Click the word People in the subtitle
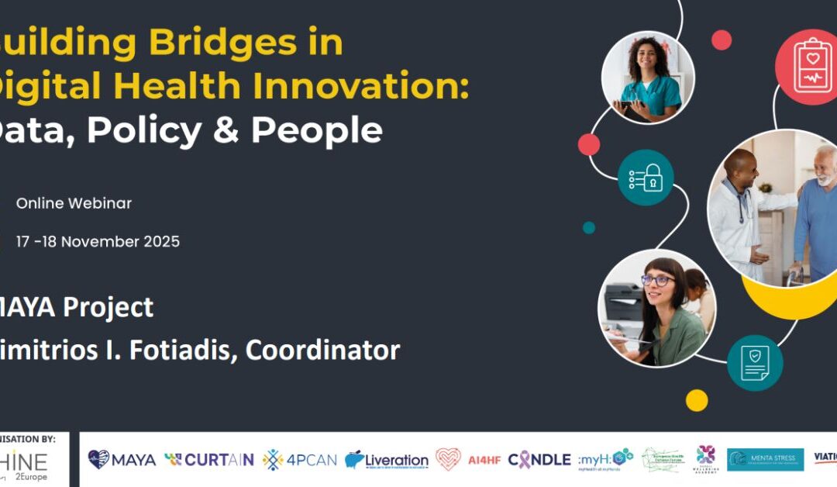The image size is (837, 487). tap(316, 131)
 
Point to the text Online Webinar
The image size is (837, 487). tap(74, 204)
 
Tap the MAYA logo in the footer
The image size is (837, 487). tap(122, 460)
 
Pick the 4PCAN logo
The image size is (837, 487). tap(300, 460)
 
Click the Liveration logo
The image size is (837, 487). tap(387, 460)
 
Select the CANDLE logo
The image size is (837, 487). tap(539, 460)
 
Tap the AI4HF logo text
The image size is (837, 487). tap(484, 460)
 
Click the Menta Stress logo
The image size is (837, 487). tap(765, 460)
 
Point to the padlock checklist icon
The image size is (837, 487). tap(646, 178)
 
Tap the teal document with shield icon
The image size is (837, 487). tap(754, 363)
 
